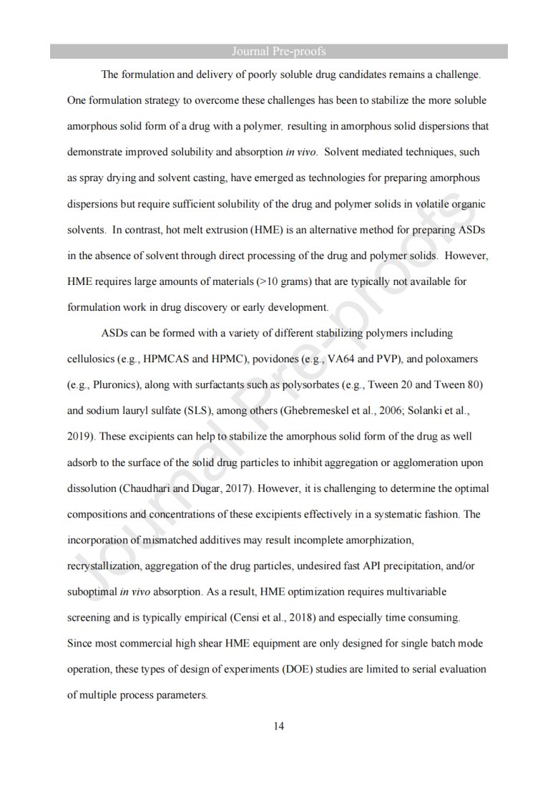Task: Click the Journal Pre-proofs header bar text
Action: pos(279,52)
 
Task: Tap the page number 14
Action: pos(279,727)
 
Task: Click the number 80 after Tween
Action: pos(474,384)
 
